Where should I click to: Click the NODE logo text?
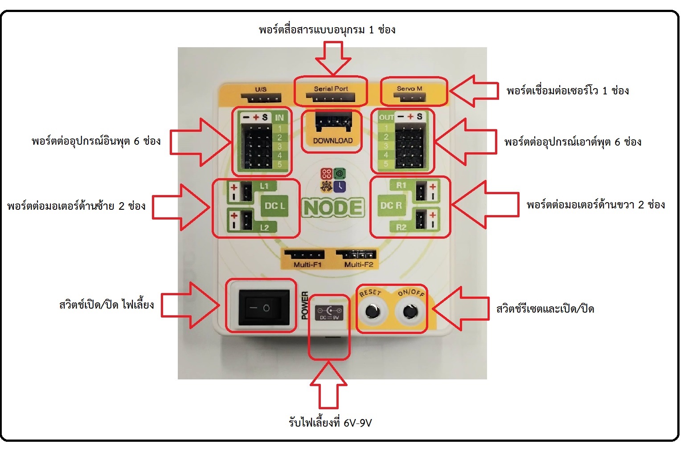click(x=332, y=208)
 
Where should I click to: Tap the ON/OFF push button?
click(x=410, y=312)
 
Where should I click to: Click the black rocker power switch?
click(x=260, y=307)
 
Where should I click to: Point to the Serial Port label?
click(x=331, y=89)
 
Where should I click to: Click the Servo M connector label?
click(x=410, y=89)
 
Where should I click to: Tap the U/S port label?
click(x=261, y=89)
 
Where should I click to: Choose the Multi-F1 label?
click(x=307, y=265)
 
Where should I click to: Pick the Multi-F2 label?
click(x=359, y=265)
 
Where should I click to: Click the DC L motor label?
click(x=274, y=206)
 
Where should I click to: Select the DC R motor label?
click(x=391, y=205)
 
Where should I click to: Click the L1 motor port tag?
click(x=264, y=186)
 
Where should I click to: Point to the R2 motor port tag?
click(x=401, y=227)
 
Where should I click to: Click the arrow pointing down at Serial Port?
click(x=333, y=58)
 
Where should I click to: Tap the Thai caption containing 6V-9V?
click(x=330, y=422)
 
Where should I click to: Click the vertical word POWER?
click(x=305, y=305)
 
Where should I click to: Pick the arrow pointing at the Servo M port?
click(x=473, y=91)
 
